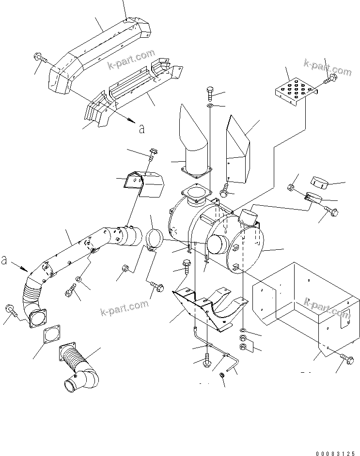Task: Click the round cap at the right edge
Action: tap(318, 182)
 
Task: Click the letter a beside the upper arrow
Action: tap(141, 129)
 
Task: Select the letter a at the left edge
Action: tap(4, 259)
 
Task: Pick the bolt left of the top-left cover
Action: tap(40, 58)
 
